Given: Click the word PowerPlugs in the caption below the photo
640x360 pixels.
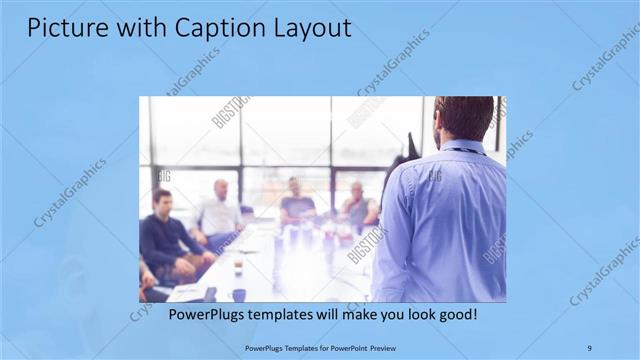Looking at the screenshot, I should pyautogui.click(x=204, y=314).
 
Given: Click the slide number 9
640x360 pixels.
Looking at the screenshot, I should pyautogui.click(x=589, y=347).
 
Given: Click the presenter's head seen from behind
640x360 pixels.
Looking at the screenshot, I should pyautogui.click(x=462, y=117).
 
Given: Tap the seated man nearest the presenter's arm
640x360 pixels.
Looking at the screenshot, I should pyautogui.click(x=358, y=205).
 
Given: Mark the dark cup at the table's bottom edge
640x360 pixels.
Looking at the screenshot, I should pyautogui.click(x=239, y=294).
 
